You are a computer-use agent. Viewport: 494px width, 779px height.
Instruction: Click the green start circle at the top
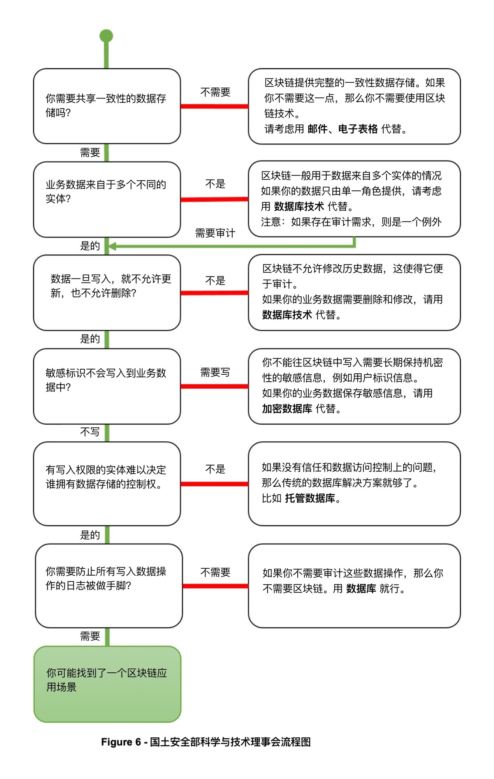pyautogui.click(x=106, y=36)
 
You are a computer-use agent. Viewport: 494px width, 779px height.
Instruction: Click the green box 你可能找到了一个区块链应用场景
pyautogui.click(x=107, y=684)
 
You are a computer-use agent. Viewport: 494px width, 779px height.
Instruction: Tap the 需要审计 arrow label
pyautogui.click(x=215, y=233)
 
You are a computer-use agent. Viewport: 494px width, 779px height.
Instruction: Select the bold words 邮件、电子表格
pyautogui.click(x=343, y=129)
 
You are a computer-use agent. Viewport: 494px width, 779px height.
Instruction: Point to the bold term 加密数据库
pyautogui.click(x=287, y=409)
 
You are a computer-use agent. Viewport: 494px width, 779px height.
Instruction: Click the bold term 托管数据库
pyautogui.click(x=310, y=498)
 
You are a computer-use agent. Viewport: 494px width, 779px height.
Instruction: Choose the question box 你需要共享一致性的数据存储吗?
pyautogui.click(x=107, y=106)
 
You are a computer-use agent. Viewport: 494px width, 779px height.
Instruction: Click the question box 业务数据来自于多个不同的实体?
pyautogui.click(x=107, y=199)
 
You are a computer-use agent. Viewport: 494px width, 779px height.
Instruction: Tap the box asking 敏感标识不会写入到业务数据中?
pyautogui.click(x=107, y=386)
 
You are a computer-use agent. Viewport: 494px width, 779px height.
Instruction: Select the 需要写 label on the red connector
pyautogui.click(x=215, y=372)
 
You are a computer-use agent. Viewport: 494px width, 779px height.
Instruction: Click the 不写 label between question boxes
pyautogui.click(x=90, y=432)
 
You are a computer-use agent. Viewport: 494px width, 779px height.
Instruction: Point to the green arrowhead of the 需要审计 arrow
pyautogui.click(x=112, y=246)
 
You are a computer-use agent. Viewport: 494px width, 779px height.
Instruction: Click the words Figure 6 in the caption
pyautogui.click(x=121, y=742)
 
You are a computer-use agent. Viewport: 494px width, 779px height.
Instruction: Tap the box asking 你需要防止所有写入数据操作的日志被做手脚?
pyautogui.click(x=109, y=585)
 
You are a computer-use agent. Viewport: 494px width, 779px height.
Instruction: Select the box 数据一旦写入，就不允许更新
pyautogui.click(x=107, y=293)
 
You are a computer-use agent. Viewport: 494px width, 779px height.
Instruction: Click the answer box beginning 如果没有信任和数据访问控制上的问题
pyautogui.click(x=354, y=483)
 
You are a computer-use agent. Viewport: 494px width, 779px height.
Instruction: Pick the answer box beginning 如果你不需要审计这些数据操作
pyautogui.click(x=354, y=585)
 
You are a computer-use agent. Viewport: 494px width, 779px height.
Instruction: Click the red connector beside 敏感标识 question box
pyautogui.click(x=214, y=386)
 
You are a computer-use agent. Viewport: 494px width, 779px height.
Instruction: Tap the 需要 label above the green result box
pyautogui.click(x=90, y=636)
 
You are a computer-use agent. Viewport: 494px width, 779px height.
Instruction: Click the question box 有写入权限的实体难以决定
pyautogui.click(x=107, y=483)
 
